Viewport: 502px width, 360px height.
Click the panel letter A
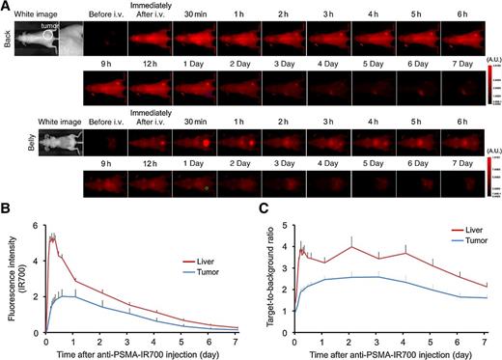7,6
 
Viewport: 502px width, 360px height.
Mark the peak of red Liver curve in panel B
52,233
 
